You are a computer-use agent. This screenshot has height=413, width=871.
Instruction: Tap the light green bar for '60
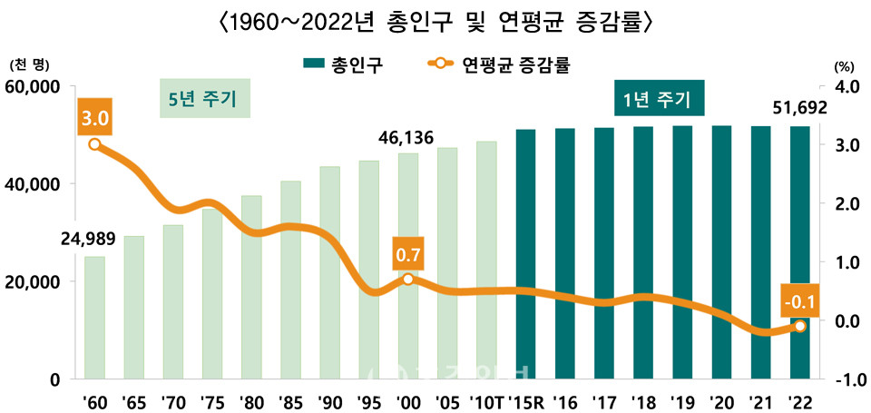[94, 317]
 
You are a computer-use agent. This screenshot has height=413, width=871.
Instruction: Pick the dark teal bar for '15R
[524, 253]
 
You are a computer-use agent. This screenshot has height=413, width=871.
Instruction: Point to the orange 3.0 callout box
[95, 118]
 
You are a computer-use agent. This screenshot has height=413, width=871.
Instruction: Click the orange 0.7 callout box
[407, 253]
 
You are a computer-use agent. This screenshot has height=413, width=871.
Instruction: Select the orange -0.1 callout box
[799, 300]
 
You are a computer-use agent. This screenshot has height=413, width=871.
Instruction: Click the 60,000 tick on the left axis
[34, 87]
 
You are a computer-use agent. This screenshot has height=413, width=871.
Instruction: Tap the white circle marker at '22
[799, 326]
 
